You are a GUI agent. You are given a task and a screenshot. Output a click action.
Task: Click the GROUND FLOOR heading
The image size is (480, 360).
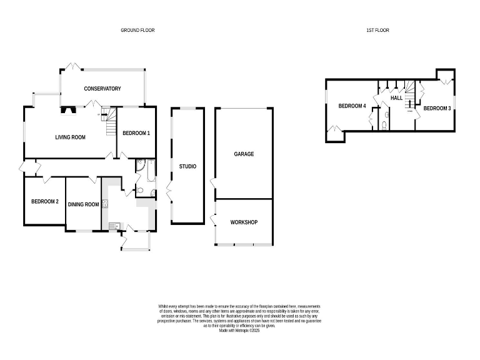tap(137, 30)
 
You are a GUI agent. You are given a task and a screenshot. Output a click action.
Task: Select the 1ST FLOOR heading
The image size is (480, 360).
tap(377, 30)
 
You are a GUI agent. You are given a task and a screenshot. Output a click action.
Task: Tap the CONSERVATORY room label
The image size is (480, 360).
tap(102, 89)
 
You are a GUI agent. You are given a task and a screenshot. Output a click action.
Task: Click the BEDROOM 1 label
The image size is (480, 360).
tap(136, 133)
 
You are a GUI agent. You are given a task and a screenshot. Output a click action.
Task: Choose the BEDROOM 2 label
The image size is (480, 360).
tap(44, 201)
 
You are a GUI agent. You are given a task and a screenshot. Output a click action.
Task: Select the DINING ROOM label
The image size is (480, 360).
tap(84, 204)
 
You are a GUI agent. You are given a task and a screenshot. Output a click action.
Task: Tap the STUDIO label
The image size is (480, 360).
tap(187, 166)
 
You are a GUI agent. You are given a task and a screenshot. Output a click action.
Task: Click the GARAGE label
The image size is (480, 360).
tap(244, 154)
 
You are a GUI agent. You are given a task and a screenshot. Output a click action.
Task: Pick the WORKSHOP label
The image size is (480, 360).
tap(244, 222)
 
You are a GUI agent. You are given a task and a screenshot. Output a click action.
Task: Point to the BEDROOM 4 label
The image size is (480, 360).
tap(352, 106)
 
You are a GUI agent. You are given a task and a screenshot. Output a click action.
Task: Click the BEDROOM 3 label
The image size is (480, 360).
tap(437, 108)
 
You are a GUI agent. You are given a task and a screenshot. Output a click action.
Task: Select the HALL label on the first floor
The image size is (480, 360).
tap(396, 98)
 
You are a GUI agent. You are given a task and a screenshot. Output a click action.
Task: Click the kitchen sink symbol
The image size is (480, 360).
tap(112, 226)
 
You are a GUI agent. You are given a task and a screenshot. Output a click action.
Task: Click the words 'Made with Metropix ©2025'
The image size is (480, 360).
tap(239, 331)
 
